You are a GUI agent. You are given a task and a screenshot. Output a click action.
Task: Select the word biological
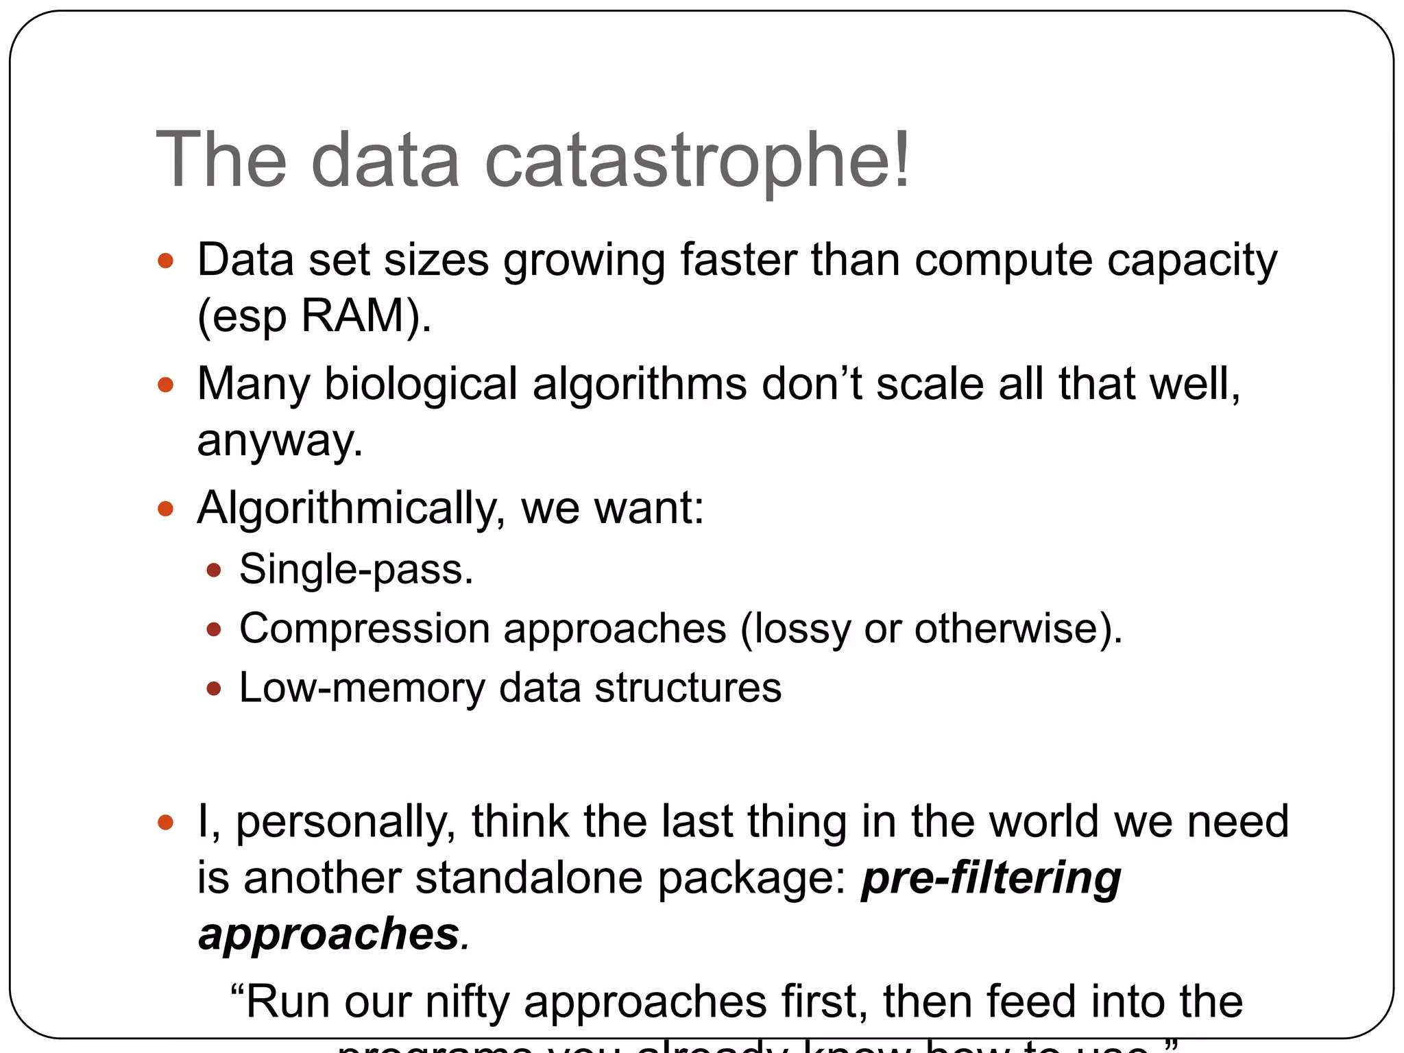(x=420, y=383)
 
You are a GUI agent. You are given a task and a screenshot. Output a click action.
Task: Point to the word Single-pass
(x=356, y=569)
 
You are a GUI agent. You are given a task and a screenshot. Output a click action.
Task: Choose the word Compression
(x=365, y=628)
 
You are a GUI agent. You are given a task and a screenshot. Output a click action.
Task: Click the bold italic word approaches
(x=328, y=934)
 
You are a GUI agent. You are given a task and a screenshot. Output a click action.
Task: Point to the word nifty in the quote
(x=468, y=1002)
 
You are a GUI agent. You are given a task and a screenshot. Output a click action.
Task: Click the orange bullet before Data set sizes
(x=165, y=261)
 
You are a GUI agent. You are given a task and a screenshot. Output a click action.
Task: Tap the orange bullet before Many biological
(x=165, y=385)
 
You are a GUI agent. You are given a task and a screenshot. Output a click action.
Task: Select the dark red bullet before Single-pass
(x=214, y=570)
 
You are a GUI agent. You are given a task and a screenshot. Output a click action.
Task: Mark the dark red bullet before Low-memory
(x=214, y=688)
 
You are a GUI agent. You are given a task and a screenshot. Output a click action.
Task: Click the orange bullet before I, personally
(x=165, y=822)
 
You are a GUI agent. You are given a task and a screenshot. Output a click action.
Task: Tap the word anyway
(x=280, y=440)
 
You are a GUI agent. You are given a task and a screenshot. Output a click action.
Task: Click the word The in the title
(x=221, y=160)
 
